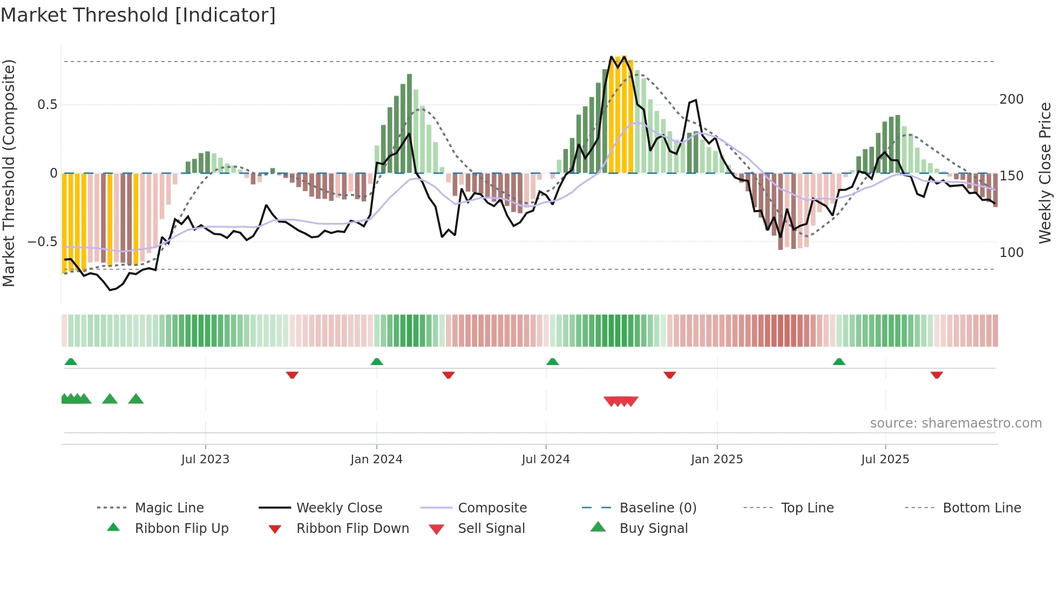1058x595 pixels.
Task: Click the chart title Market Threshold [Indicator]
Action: [138, 15]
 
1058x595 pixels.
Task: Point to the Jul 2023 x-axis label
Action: [205, 459]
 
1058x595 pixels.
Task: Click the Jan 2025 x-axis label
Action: [717, 459]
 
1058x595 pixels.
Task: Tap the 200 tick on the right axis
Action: [1011, 99]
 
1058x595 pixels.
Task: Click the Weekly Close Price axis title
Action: [1045, 173]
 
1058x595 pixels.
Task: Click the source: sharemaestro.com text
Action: [955, 423]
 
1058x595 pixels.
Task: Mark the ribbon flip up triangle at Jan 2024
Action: [377, 362]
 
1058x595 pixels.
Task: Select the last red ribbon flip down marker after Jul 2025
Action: [937, 375]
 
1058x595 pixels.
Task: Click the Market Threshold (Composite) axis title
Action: [9, 173]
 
